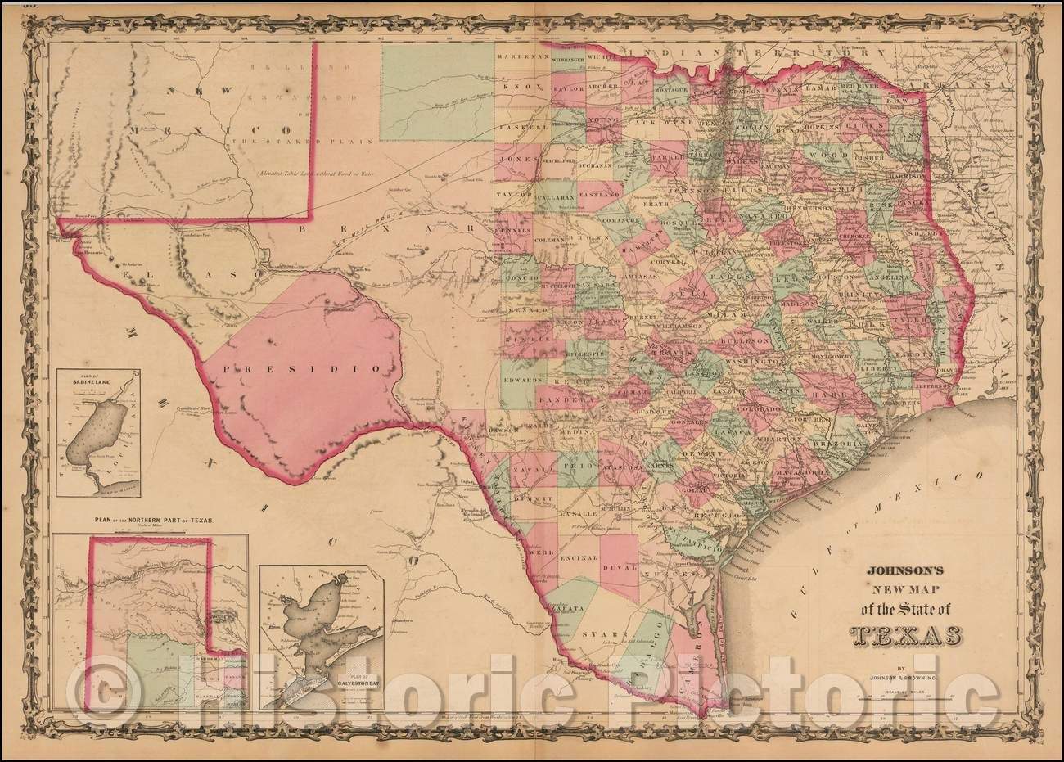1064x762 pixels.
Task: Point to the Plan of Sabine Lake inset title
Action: (x=86, y=376)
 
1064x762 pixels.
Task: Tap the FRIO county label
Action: (x=577, y=464)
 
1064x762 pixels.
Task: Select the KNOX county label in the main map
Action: (x=519, y=86)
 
